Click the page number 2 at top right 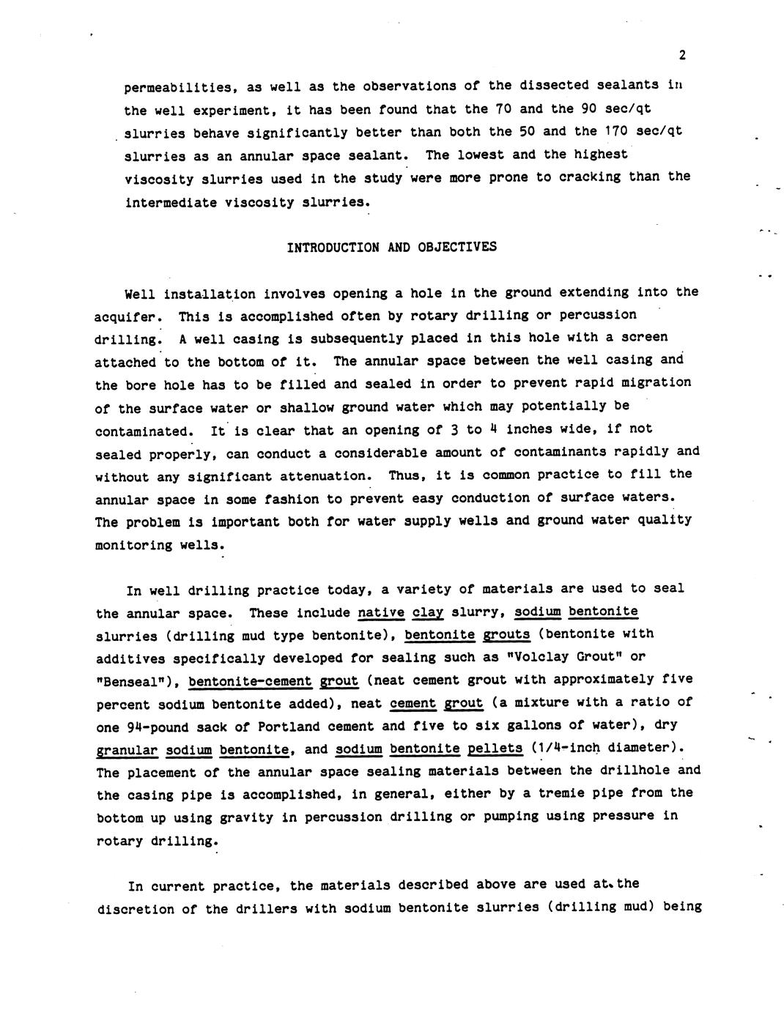[x=682, y=55]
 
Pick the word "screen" [x=643, y=337]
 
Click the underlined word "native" [x=381, y=612]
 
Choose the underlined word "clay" [x=428, y=612]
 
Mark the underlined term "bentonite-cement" [x=251, y=680]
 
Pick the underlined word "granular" [x=127, y=750]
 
